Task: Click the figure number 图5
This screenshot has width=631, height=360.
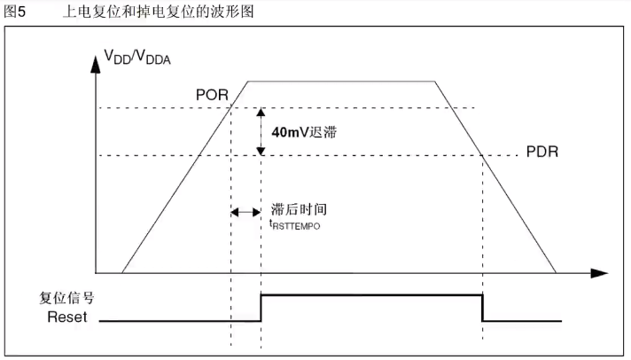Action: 15,11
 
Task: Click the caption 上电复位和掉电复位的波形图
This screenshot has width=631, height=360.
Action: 165,11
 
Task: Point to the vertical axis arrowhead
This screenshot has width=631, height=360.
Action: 96,62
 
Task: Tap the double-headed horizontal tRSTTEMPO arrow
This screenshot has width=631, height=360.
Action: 245,212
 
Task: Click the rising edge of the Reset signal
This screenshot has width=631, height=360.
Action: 261,307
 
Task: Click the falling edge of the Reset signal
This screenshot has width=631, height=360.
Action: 483,307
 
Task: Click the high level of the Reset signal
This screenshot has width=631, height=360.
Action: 372,293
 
